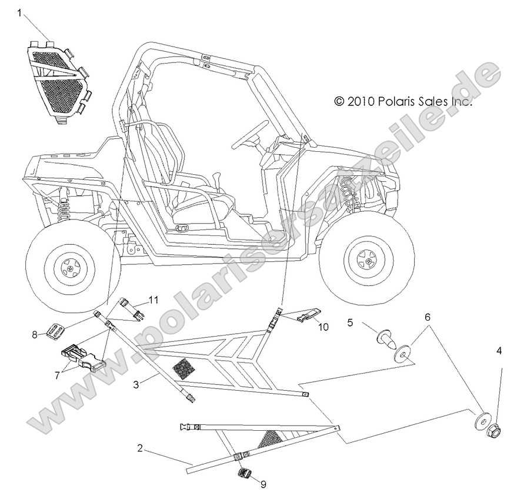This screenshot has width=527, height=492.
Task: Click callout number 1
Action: [20, 12]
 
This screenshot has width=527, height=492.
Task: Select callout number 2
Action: [139, 448]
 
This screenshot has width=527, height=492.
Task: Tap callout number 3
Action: [136, 385]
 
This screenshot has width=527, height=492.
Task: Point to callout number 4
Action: [499, 351]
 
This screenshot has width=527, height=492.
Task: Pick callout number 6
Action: [427, 317]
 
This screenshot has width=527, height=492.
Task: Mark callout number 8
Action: [35, 335]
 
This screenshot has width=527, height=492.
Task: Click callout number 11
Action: [153, 300]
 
